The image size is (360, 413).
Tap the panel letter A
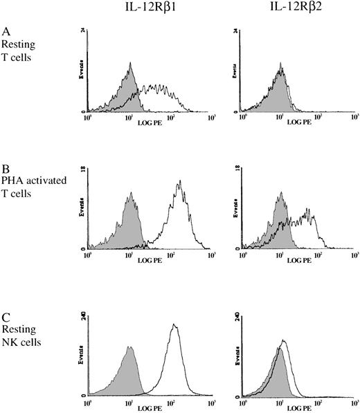point(6,32)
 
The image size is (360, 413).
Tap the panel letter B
point(6,170)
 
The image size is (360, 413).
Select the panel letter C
point(6,318)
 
